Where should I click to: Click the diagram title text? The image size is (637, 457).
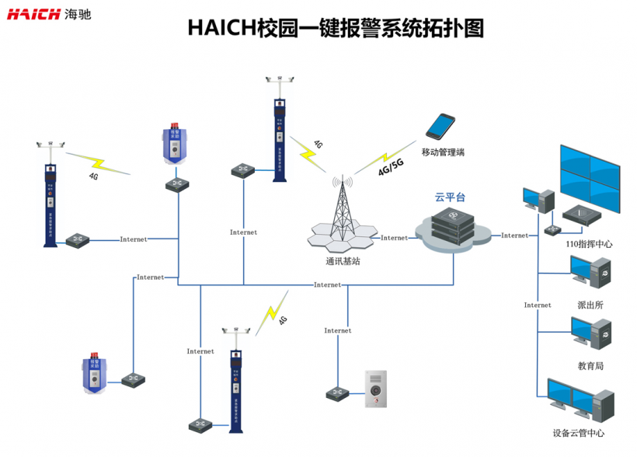click(x=336, y=29)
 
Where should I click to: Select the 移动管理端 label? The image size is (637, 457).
click(x=443, y=152)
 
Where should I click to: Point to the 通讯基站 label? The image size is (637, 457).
click(x=343, y=261)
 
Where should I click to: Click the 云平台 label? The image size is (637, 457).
click(x=450, y=197)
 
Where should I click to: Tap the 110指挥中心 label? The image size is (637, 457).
click(x=590, y=244)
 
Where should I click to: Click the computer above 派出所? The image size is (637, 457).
click(x=590, y=274)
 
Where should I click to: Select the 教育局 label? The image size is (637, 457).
click(x=590, y=365)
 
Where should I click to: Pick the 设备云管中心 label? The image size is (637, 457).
click(x=579, y=433)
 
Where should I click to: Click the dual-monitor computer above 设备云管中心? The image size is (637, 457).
click(x=580, y=399)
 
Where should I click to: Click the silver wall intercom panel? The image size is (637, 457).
click(x=377, y=389)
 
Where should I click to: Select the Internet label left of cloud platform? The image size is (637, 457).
click(x=395, y=238)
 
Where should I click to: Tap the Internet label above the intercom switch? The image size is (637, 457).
click(x=338, y=330)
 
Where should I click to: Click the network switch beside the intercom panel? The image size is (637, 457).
click(x=338, y=393)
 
